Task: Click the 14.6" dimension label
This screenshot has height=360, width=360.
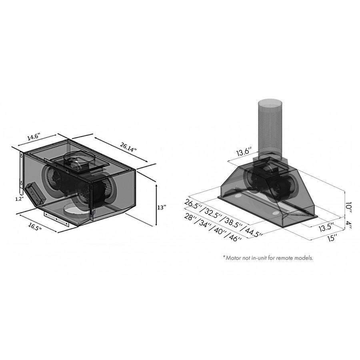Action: coord(34,137)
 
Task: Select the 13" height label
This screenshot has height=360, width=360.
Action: coord(162,208)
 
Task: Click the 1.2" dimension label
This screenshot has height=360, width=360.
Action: coord(20,199)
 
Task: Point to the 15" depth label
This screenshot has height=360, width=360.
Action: coord(332,238)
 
